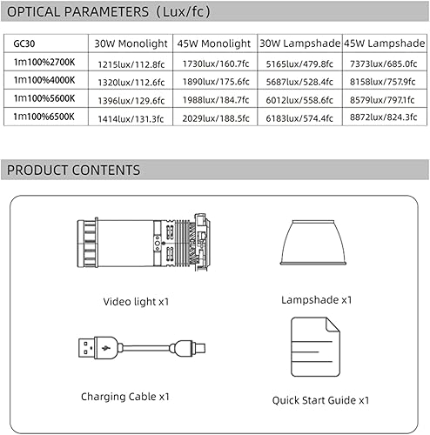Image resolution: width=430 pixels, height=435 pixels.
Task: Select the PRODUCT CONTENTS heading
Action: click(73, 170)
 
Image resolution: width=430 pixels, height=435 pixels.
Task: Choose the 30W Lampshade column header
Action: click(299, 43)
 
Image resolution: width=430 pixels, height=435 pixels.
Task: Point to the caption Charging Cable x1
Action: click(125, 396)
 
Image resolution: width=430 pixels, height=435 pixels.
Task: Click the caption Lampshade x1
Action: click(317, 299)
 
